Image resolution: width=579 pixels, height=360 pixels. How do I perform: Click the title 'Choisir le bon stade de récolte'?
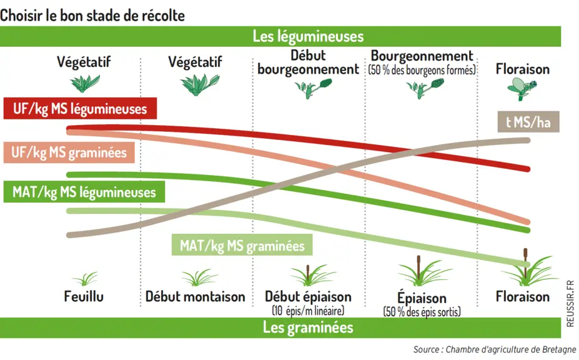coord(92,16)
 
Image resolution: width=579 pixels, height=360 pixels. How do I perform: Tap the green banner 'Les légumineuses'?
coord(280,36)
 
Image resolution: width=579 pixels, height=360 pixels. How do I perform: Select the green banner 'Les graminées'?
coord(280,327)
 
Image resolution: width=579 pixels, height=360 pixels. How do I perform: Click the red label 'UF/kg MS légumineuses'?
coord(80,108)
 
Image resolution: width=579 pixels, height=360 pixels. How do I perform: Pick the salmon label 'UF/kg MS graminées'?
coord(69,152)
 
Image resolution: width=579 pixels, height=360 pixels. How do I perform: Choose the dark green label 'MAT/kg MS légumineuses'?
coord(84,192)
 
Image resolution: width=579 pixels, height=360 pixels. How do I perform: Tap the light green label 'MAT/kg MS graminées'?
coord(242,245)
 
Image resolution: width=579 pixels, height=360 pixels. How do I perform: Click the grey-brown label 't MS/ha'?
coord(528,122)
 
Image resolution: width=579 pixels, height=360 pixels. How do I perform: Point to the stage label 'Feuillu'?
coord(84,296)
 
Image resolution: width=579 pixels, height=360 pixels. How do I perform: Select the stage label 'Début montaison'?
coord(195,296)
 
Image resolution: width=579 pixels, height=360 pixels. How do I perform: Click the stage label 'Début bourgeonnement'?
coord(308,62)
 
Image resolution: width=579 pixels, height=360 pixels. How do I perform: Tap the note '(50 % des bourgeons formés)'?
coord(422,70)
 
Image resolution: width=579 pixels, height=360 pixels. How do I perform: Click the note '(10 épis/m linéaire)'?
coord(308,311)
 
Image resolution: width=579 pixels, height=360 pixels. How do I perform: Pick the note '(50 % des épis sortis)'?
coord(422,312)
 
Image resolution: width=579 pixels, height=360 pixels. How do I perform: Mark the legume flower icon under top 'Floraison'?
coord(522,89)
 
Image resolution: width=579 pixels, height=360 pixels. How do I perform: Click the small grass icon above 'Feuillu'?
coord(86,279)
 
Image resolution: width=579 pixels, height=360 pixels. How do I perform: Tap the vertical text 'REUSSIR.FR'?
coord(570,304)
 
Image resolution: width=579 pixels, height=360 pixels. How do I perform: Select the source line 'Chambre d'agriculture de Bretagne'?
coord(511,349)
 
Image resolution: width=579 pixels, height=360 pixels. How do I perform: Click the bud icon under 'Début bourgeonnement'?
coord(313,88)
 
